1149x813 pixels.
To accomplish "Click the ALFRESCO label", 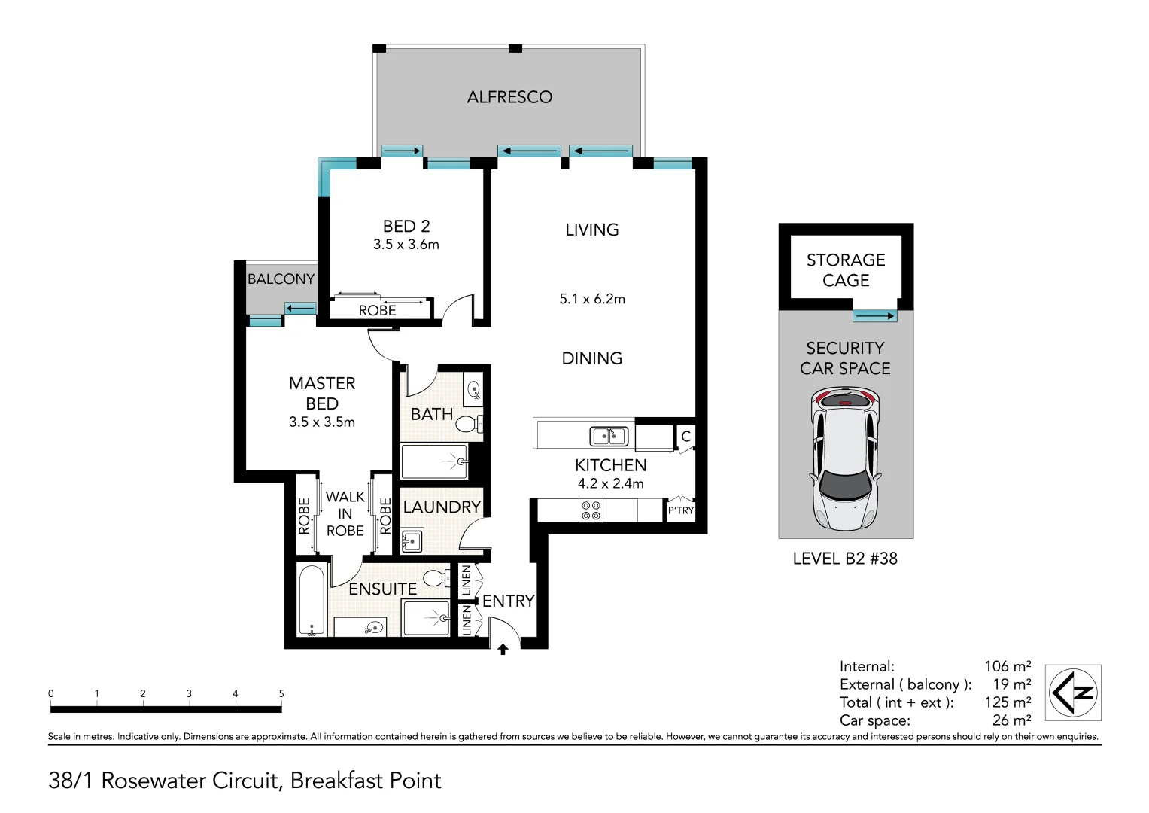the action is (x=509, y=97).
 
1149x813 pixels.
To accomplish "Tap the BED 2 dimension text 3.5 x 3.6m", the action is (x=406, y=245).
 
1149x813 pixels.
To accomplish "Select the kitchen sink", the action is (x=609, y=437).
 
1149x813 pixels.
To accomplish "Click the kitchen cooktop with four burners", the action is (x=591, y=510).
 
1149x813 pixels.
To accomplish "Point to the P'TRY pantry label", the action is (x=681, y=510).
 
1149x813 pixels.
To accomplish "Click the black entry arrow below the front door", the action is (x=503, y=649).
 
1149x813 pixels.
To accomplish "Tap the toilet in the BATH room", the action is (x=469, y=424).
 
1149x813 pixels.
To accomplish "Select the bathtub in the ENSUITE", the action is (x=312, y=601).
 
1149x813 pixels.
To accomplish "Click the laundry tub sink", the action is (x=412, y=540).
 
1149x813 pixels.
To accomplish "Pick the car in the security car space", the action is (x=845, y=458).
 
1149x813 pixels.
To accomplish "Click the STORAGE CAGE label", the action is (x=846, y=270).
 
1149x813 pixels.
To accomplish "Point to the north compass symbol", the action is (x=1073, y=693).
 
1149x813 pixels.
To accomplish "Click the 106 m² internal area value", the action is (x=1008, y=666).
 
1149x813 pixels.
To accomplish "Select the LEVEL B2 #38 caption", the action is (x=845, y=559).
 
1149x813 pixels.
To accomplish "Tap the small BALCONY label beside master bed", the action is (x=281, y=279).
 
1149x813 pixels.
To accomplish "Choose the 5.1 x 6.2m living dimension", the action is (x=592, y=299).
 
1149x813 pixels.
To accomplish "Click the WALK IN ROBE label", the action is (x=345, y=513).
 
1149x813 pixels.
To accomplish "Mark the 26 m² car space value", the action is (x=1011, y=720).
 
